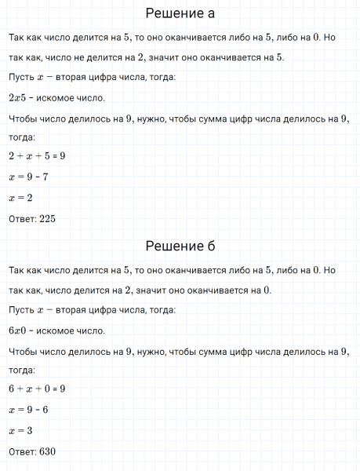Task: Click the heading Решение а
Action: point(180,14)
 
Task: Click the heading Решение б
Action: point(180,246)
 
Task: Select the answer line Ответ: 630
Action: point(32,452)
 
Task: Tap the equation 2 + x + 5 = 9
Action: point(37,156)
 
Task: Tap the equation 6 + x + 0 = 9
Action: point(37,389)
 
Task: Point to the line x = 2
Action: point(20,198)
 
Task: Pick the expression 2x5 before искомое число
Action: point(17,98)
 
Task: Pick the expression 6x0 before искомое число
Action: point(17,330)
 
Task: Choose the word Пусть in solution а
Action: point(20,77)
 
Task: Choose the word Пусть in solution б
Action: point(20,310)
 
